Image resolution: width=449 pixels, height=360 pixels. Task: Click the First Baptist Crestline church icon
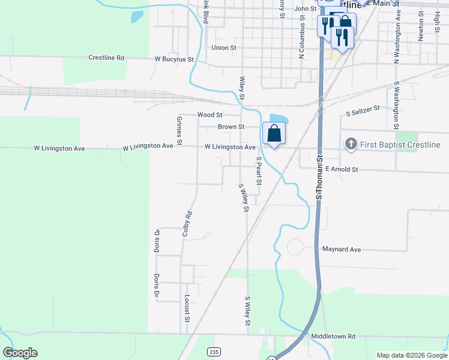click(351, 145)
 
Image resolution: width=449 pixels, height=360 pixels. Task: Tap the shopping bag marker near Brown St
click(274, 133)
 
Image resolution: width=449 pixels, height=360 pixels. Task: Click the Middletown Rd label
click(333, 337)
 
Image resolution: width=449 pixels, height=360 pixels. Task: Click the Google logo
click(20, 353)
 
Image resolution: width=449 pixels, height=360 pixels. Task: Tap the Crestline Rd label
click(106, 58)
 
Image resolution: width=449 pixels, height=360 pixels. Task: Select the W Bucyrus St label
click(174, 59)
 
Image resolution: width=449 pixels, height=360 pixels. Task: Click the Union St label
click(224, 47)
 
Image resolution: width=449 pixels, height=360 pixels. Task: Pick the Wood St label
click(210, 115)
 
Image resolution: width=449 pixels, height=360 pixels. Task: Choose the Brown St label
click(231, 127)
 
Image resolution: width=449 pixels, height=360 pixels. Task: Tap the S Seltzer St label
click(363, 109)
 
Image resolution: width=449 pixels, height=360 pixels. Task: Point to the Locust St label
click(187, 308)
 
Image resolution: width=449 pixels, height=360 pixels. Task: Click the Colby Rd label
click(187, 223)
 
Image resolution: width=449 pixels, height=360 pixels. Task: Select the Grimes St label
click(179, 128)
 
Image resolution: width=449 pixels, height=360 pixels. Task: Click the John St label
click(305, 9)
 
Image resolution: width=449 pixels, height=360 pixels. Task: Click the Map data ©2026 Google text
click(412, 355)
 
